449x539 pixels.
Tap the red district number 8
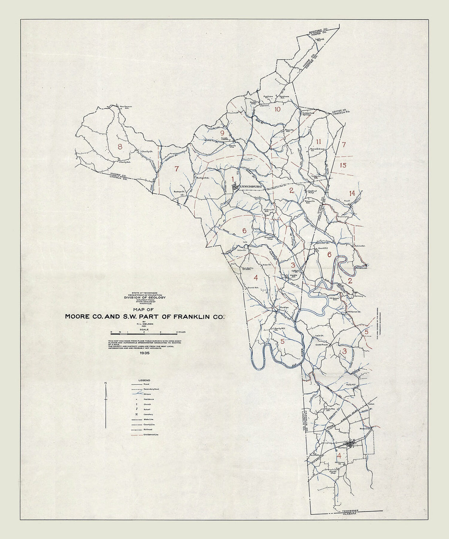pos(119,146)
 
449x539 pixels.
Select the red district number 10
pos(277,110)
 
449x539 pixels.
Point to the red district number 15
pos(343,165)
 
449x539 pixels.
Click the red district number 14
pos(351,193)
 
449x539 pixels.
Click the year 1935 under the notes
pos(145,353)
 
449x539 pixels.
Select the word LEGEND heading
pos(144,380)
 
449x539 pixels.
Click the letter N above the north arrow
pos(106,383)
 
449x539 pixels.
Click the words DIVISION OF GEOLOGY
pos(145,297)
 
